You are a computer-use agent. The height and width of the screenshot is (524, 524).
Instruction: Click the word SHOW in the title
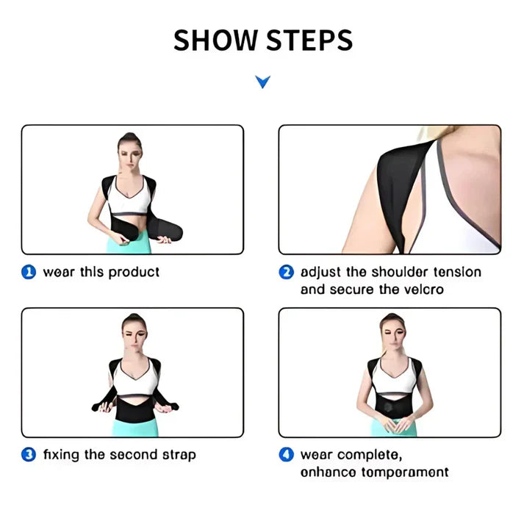tap(215, 40)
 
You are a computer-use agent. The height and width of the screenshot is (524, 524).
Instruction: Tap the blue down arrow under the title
tap(262, 81)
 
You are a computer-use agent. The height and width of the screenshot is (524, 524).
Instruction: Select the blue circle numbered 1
tap(29, 273)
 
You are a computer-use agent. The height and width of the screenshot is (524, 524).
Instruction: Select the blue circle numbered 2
tap(286, 273)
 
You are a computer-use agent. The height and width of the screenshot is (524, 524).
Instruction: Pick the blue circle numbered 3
tap(29, 455)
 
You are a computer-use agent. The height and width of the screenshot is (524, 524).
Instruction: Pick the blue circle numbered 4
tap(286, 455)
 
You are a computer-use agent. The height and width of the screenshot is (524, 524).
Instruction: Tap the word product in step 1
tap(134, 273)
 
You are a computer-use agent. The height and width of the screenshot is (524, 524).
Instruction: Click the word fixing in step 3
tap(61, 455)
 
